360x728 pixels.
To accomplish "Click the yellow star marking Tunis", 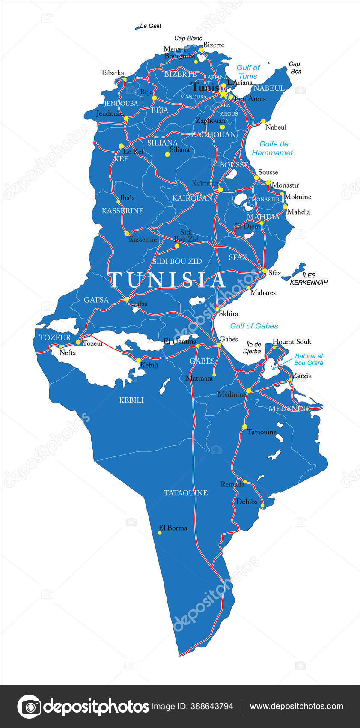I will (223, 92).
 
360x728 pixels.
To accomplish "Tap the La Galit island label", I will (150, 26).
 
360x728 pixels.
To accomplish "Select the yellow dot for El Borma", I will (160, 533).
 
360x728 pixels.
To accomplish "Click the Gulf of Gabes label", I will (254, 326).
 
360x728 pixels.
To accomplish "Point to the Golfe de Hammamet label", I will (272, 148).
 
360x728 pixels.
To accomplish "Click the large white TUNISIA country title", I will (167, 280).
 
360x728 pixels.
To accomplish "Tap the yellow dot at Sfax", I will (265, 271).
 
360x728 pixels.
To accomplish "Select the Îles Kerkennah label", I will (309, 279).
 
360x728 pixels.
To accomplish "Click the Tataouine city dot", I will (244, 427).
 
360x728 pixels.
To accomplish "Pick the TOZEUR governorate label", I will (55, 338).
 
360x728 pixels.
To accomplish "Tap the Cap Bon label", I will (295, 67).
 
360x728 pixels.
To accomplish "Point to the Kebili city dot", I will (138, 360).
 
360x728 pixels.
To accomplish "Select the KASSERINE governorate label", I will (122, 211).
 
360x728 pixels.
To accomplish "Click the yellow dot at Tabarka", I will (125, 79).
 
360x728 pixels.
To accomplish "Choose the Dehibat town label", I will (248, 501).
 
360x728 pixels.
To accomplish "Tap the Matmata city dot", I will (214, 375).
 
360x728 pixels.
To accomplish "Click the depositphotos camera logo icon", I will (29, 706).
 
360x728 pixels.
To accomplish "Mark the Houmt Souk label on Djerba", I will (292, 342).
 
